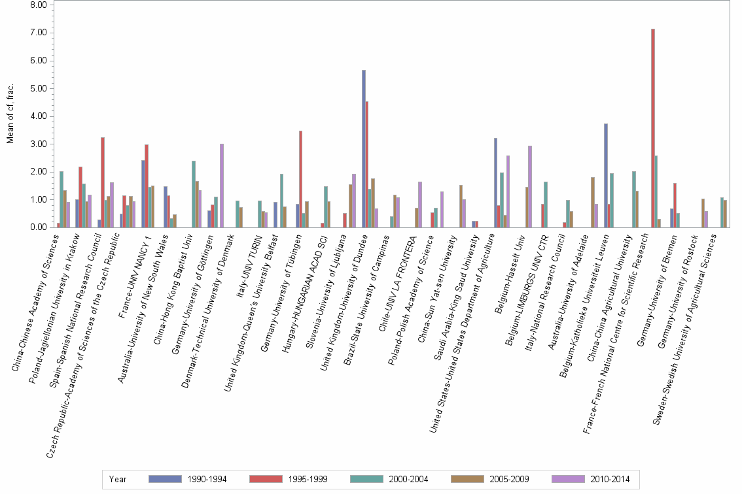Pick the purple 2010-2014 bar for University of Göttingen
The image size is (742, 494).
point(222,186)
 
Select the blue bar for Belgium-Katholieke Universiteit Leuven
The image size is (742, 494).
point(606,176)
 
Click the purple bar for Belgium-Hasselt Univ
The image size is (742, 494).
point(529,187)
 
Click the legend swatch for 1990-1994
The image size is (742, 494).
point(166,479)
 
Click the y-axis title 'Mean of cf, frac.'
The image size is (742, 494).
point(10,115)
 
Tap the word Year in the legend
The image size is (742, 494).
point(118,480)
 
